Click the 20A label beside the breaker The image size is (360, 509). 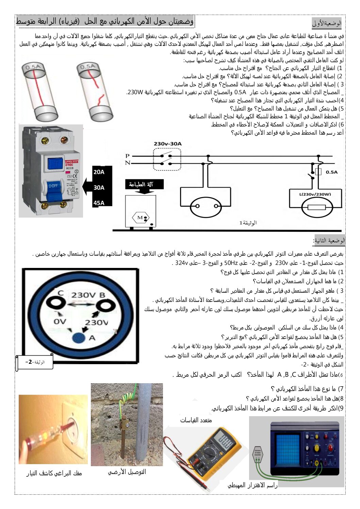pyautogui.click(x=99, y=172)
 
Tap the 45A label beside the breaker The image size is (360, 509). pyautogui.click(x=99, y=203)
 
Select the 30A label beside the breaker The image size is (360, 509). pyautogui.click(x=99, y=187)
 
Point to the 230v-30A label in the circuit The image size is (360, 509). pyautogui.click(x=167, y=144)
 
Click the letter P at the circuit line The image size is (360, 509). pyautogui.click(x=127, y=156)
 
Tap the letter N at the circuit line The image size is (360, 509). pyautogui.click(x=127, y=163)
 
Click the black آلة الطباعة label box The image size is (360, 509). pyautogui.click(x=144, y=184)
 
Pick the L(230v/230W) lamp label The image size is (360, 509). pyautogui.click(x=315, y=194)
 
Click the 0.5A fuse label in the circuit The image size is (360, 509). pyautogui.click(x=331, y=172)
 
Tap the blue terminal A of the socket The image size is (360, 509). pyautogui.click(x=79, y=338)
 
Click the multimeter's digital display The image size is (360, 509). pyautogui.click(x=225, y=439)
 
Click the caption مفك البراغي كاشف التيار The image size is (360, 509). pyautogui.click(x=54, y=473)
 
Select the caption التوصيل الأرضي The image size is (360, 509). pyautogui.click(x=127, y=472)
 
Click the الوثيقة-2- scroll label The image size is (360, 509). pyautogui.click(x=35, y=362)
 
